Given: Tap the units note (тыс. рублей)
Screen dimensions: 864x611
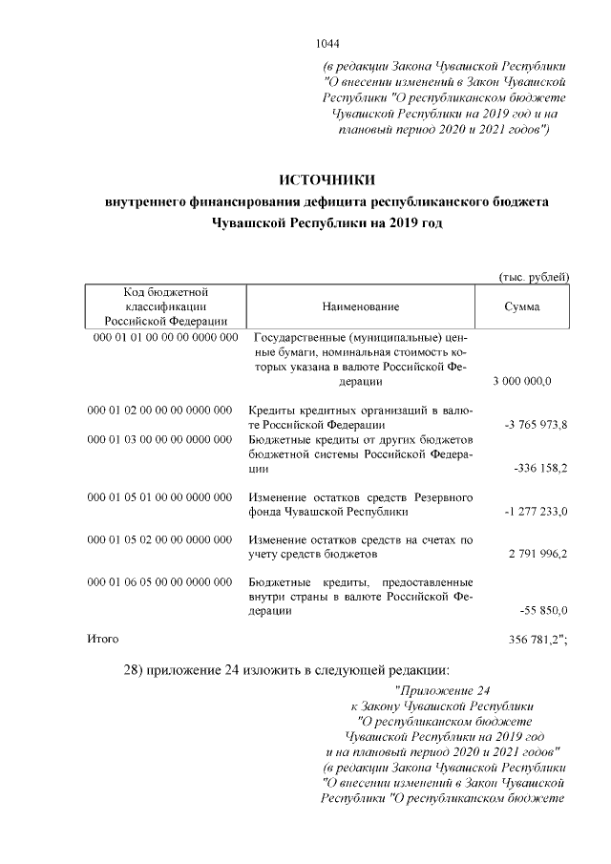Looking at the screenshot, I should [535, 276].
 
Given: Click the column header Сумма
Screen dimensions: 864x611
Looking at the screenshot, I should [521, 306].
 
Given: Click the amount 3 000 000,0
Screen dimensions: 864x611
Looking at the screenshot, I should [522, 382].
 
